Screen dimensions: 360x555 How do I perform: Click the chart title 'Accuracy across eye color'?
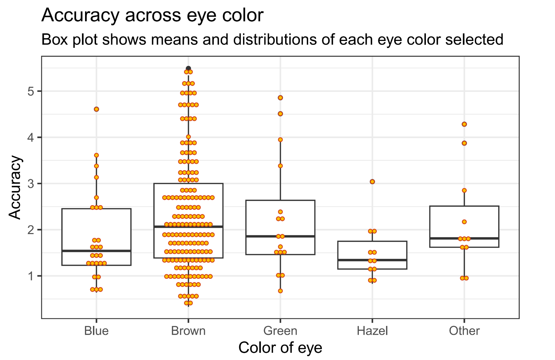coord(152,15)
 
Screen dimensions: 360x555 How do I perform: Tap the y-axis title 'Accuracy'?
coord(15,188)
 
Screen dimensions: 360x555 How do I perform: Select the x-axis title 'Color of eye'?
coord(280,348)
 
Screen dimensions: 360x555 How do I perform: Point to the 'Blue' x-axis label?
coord(96,331)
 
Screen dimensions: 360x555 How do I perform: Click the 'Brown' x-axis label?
coord(188,331)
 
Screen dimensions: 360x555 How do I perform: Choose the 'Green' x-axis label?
coord(280,331)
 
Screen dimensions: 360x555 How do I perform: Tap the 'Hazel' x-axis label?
coord(372,331)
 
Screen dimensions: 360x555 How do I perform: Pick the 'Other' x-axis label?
coord(464,331)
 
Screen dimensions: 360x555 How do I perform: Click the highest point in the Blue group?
coord(96,109)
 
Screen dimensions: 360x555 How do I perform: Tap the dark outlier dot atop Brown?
coord(188,68)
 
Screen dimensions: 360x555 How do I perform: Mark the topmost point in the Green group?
coord(280,98)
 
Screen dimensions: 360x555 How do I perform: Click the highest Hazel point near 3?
coord(372,182)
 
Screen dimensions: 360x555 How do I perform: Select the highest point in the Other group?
coord(464,124)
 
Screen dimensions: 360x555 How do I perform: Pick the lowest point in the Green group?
coord(280,291)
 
